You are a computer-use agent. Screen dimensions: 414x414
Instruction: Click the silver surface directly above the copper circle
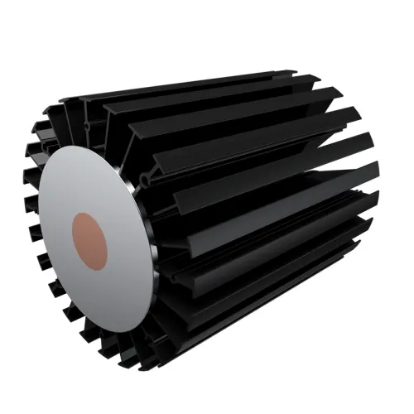[89, 182]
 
